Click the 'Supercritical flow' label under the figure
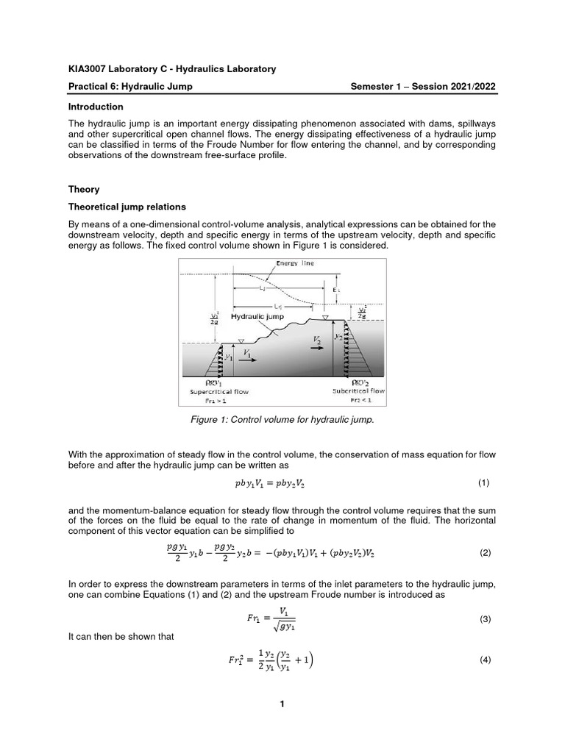pyautogui.click(x=214, y=392)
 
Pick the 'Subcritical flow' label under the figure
pyautogui.click(x=358, y=392)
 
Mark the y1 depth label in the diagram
pyautogui.click(x=229, y=357)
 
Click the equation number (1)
pyautogui.click(x=483, y=483)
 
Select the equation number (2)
pyautogui.click(x=485, y=552)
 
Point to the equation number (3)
pyautogui.click(x=485, y=619)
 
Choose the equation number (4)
pyautogui.click(x=485, y=660)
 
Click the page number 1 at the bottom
pyautogui.click(x=282, y=704)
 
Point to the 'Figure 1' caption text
pyautogui.click(x=282, y=419)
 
